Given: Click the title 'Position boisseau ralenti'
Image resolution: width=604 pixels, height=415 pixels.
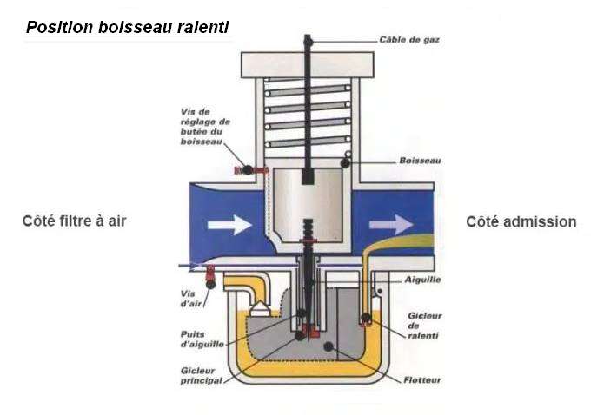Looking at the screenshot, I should pyautogui.click(x=129, y=27).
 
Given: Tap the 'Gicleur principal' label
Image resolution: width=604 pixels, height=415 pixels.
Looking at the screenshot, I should pyautogui.click(x=197, y=375).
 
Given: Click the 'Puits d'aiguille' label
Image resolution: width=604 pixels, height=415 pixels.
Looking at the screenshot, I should pyautogui.click(x=200, y=339).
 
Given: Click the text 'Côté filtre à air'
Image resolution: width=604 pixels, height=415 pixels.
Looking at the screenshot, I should pyautogui.click(x=75, y=221).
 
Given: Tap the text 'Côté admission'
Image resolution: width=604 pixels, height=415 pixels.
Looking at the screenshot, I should pyautogui.click(x=521, y=222).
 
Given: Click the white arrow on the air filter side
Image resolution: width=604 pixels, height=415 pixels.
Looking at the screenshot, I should pyautogui.click(x=229, y=224).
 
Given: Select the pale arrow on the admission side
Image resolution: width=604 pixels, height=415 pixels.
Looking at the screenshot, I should pyautogui.click(x=390, y=224).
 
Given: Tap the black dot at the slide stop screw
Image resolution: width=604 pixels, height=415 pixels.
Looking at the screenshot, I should pyautogui.click(x=247, y=169).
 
